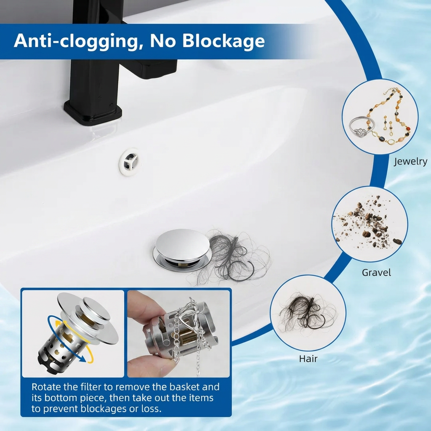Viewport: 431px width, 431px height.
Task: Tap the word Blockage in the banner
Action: tap(223, 41)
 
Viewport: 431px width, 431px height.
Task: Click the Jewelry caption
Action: tap(410, 161)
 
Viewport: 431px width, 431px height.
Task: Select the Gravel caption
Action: tap(376, 272)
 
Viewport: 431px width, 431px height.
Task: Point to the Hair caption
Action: tap(308, 359)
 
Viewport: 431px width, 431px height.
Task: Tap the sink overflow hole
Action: tap(130, 162)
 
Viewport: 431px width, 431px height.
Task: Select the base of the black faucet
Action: tap(93, 111)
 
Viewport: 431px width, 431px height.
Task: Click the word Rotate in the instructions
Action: tap(46, 387)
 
